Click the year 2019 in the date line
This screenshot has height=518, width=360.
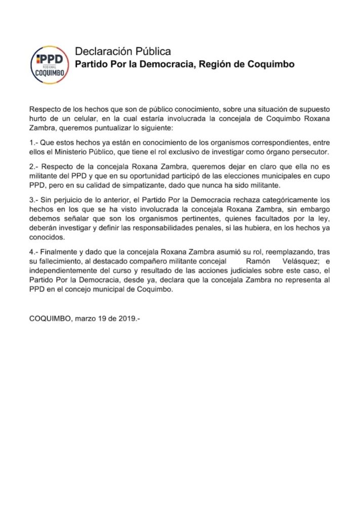[x=126, y=320]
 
